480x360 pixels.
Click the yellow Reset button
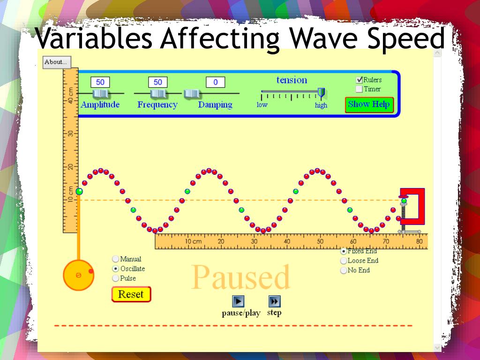coord(131,294)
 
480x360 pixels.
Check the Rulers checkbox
coord(360,80)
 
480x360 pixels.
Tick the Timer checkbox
coord(360,89)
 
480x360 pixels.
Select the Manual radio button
coord(115,259)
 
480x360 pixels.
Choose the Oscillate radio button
coord(115,269)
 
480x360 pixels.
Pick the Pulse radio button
coord(115,278)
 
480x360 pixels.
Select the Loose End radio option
coord(344,261)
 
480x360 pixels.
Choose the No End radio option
coord(344,270)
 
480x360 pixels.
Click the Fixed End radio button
coord(344,251)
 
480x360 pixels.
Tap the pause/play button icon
coord(239,301)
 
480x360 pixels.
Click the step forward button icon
coord(274,301)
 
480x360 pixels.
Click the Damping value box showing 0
coord(215,82)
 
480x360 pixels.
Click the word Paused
coord(240,277)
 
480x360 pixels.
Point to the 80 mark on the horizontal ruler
coord(419,241)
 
